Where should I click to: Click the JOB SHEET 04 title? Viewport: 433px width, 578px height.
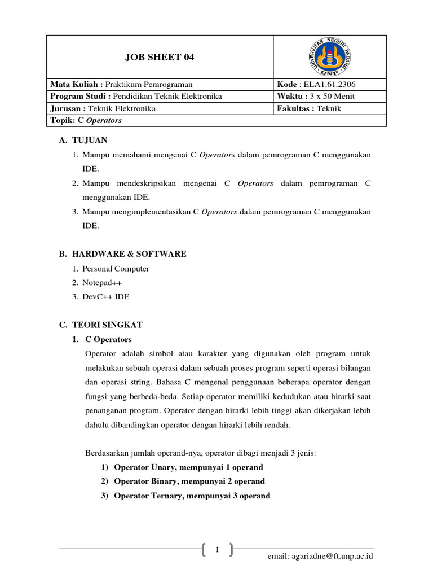159,57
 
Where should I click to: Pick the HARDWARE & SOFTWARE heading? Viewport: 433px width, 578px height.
129,254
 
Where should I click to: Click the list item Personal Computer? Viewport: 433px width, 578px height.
116,269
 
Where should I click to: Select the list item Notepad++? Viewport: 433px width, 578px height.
102,282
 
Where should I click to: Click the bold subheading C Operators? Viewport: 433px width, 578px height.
108,339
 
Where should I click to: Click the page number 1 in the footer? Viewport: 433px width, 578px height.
217,548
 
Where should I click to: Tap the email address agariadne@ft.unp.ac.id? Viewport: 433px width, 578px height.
320,556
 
